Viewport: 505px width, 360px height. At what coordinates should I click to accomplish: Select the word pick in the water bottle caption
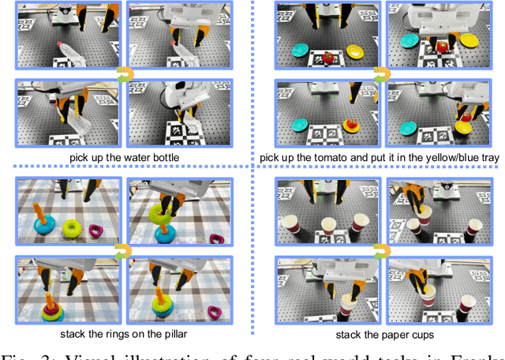[x=79, y=158]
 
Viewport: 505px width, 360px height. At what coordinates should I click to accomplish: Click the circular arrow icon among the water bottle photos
[x=123, y=74]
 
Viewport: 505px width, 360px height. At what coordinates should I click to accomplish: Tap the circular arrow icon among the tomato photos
[x=380, y=74]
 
